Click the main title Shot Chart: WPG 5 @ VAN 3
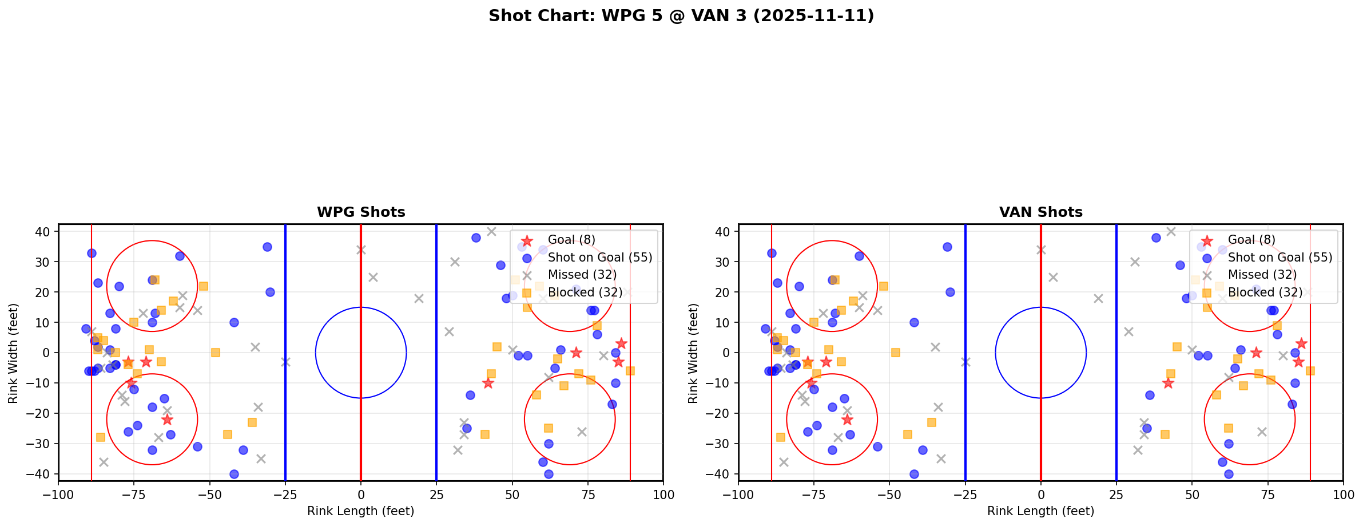coord(681,15)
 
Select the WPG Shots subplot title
coord(361,212)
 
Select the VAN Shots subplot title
coord(1040,212)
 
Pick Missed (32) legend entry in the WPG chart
coord(582,275)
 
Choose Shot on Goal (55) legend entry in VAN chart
coord(1280,258)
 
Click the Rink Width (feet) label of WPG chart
coord(13,353)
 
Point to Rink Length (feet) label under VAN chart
coord(1040,511)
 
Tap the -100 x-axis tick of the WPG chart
coord(58,495)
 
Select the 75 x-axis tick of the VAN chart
coord(1267,495)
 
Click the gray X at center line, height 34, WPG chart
coord(361,250)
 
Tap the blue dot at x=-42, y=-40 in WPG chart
coord(234,474)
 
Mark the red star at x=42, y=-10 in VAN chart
coord(1168,383)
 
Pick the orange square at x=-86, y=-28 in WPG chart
coord(101,437)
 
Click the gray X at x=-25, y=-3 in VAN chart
coord(965,362)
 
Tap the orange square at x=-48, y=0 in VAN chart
coord(896,353)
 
